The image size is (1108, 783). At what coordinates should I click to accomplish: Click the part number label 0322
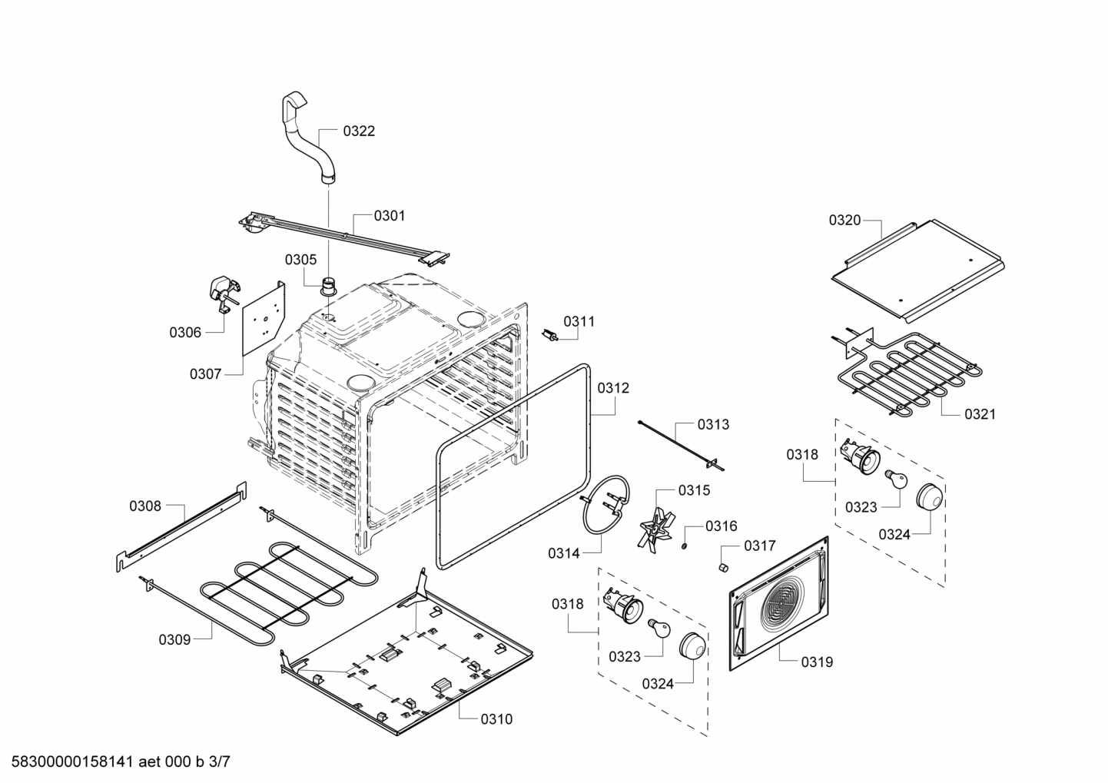(x=359, y=131)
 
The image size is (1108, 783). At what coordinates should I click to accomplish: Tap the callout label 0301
(x=390, y=216)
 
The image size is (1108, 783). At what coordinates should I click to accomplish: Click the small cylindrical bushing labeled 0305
(x=330, y=287)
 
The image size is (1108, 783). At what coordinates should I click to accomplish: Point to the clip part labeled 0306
(x=223, y=294)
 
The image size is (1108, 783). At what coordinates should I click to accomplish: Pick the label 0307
(x=205, y=374)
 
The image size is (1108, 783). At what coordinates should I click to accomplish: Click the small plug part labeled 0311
(x=550, y=336)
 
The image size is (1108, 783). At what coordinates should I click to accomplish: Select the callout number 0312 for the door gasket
(x=613, y=388)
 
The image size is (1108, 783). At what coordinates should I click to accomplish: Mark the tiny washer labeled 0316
(x=682, y=546)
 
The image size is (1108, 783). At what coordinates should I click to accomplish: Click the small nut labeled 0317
(x=723, y=567)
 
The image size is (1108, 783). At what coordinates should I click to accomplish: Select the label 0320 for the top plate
(x=844, y=221)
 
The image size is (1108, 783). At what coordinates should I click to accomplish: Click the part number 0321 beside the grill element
(x=980, y=414)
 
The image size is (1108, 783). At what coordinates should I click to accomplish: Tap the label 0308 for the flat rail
(x=145, y=506)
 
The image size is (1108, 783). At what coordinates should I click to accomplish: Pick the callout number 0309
(x=174, y=639)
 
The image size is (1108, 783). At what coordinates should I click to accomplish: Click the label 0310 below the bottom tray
(x=496, y=719)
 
